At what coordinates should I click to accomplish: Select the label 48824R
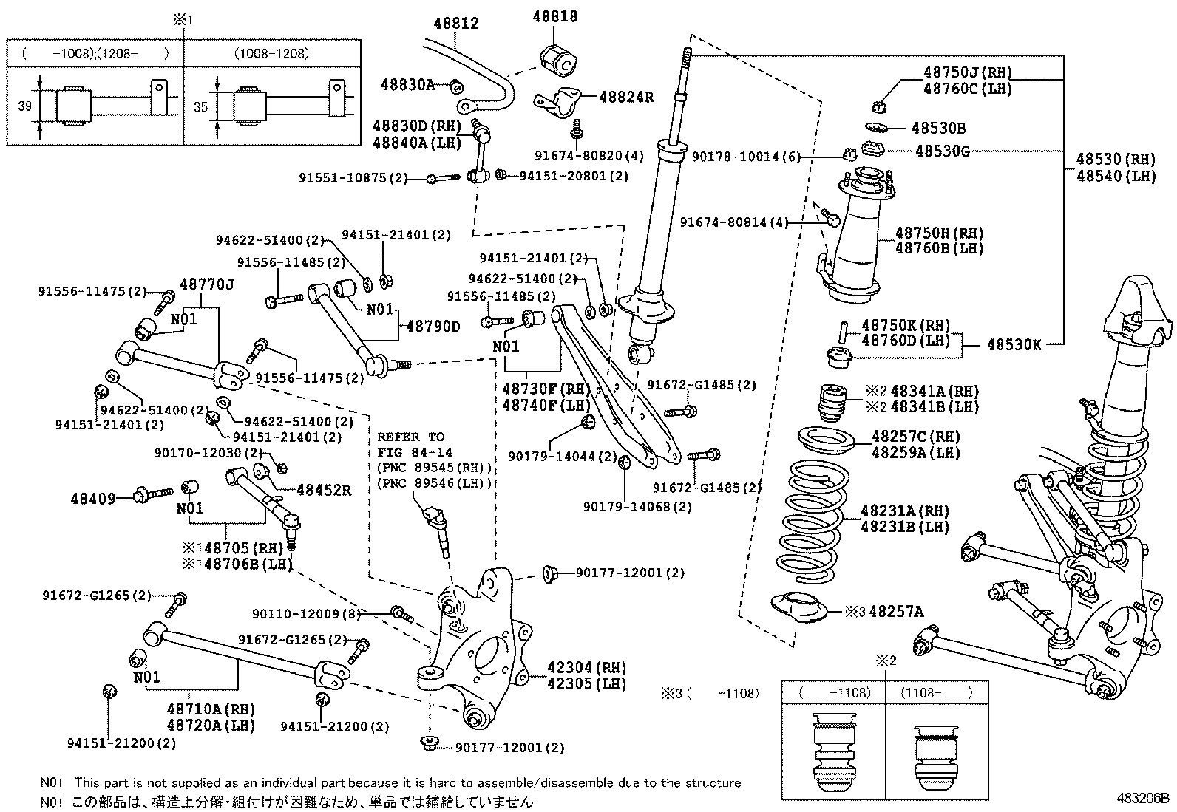(x=626, y=97)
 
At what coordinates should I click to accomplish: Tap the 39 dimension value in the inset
(x=24, y=106)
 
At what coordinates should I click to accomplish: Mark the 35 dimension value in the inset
(x=200, y=107)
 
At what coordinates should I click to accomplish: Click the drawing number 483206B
(x=1143, y=798)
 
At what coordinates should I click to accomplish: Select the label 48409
(x=93, y=499)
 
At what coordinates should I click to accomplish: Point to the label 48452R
(x=324, y=489)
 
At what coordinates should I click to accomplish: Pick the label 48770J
(x=207, y=284)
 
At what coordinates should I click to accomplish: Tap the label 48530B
(x=938, y=129)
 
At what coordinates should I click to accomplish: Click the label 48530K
(x=1014, y=344)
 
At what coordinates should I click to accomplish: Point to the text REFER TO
(x=411, y=437)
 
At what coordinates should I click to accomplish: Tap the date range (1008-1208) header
(x=272, y=53)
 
